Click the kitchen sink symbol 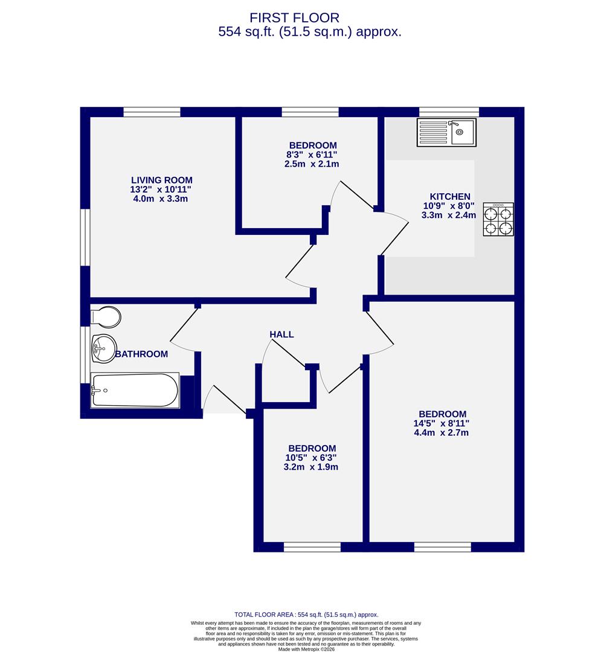point(446,132)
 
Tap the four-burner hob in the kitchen point(498,219)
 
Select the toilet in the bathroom point(106,316)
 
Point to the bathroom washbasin point(103,348)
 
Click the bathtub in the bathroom point(135,390)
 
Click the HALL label point(281,334)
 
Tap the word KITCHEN point(450,197)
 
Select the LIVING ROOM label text point(162,180)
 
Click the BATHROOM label point(141,354)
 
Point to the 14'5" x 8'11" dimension point(441,423)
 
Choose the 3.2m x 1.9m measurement point(312,467)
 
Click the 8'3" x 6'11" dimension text point(312,155)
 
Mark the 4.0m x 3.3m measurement point(162,199)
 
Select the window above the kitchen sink point(449,112)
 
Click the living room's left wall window point(85,237)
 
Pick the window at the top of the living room point(152,112)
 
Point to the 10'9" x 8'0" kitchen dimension point(450,206)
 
